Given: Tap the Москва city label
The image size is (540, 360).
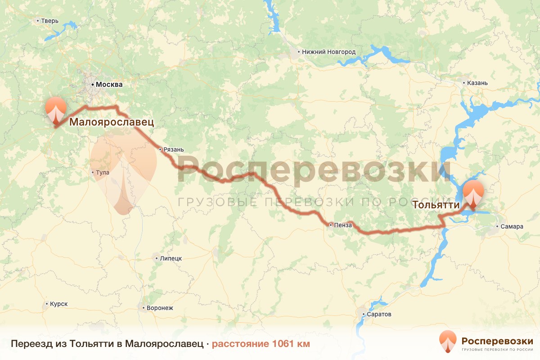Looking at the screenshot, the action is click(x=108, y=84).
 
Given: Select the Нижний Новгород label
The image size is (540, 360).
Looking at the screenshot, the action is click(x=328, y=52).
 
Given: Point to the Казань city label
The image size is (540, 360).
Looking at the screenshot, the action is click(x=477, y=83).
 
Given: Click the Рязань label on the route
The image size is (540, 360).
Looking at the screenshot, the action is click(x=174, y=150).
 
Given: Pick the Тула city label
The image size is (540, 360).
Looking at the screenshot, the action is click(x=102, y=172).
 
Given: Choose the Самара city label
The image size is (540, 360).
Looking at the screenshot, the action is click(x=512, y=226).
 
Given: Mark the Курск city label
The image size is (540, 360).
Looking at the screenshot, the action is click(x=59, y=304).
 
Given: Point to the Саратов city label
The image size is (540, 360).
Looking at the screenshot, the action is click(x=379, y=314).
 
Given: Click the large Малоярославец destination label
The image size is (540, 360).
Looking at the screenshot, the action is click(x=111, y=121).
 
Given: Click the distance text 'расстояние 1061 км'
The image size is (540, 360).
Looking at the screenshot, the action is click(x=261, y=344).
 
